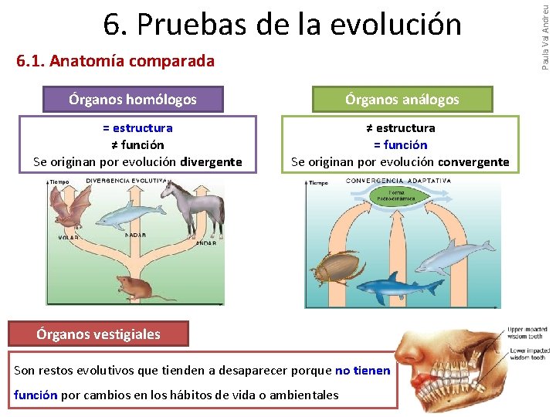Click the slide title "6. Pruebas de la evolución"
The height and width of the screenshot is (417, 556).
click(x=282, y=25)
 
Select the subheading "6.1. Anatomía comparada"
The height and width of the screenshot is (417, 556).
click(x=115, y=61)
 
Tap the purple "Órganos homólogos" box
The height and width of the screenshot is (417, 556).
click(x=133, y=99)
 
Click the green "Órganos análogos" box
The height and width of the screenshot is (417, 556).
click(x=402, y=99)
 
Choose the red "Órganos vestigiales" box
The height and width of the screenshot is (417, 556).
click(x=99, y=334)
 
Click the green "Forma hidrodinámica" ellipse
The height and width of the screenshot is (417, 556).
click(x=396, y=195)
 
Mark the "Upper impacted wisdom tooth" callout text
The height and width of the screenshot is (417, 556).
click(x=528, y=331)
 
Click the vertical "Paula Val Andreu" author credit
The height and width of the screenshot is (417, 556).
click(x=546, y=35)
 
